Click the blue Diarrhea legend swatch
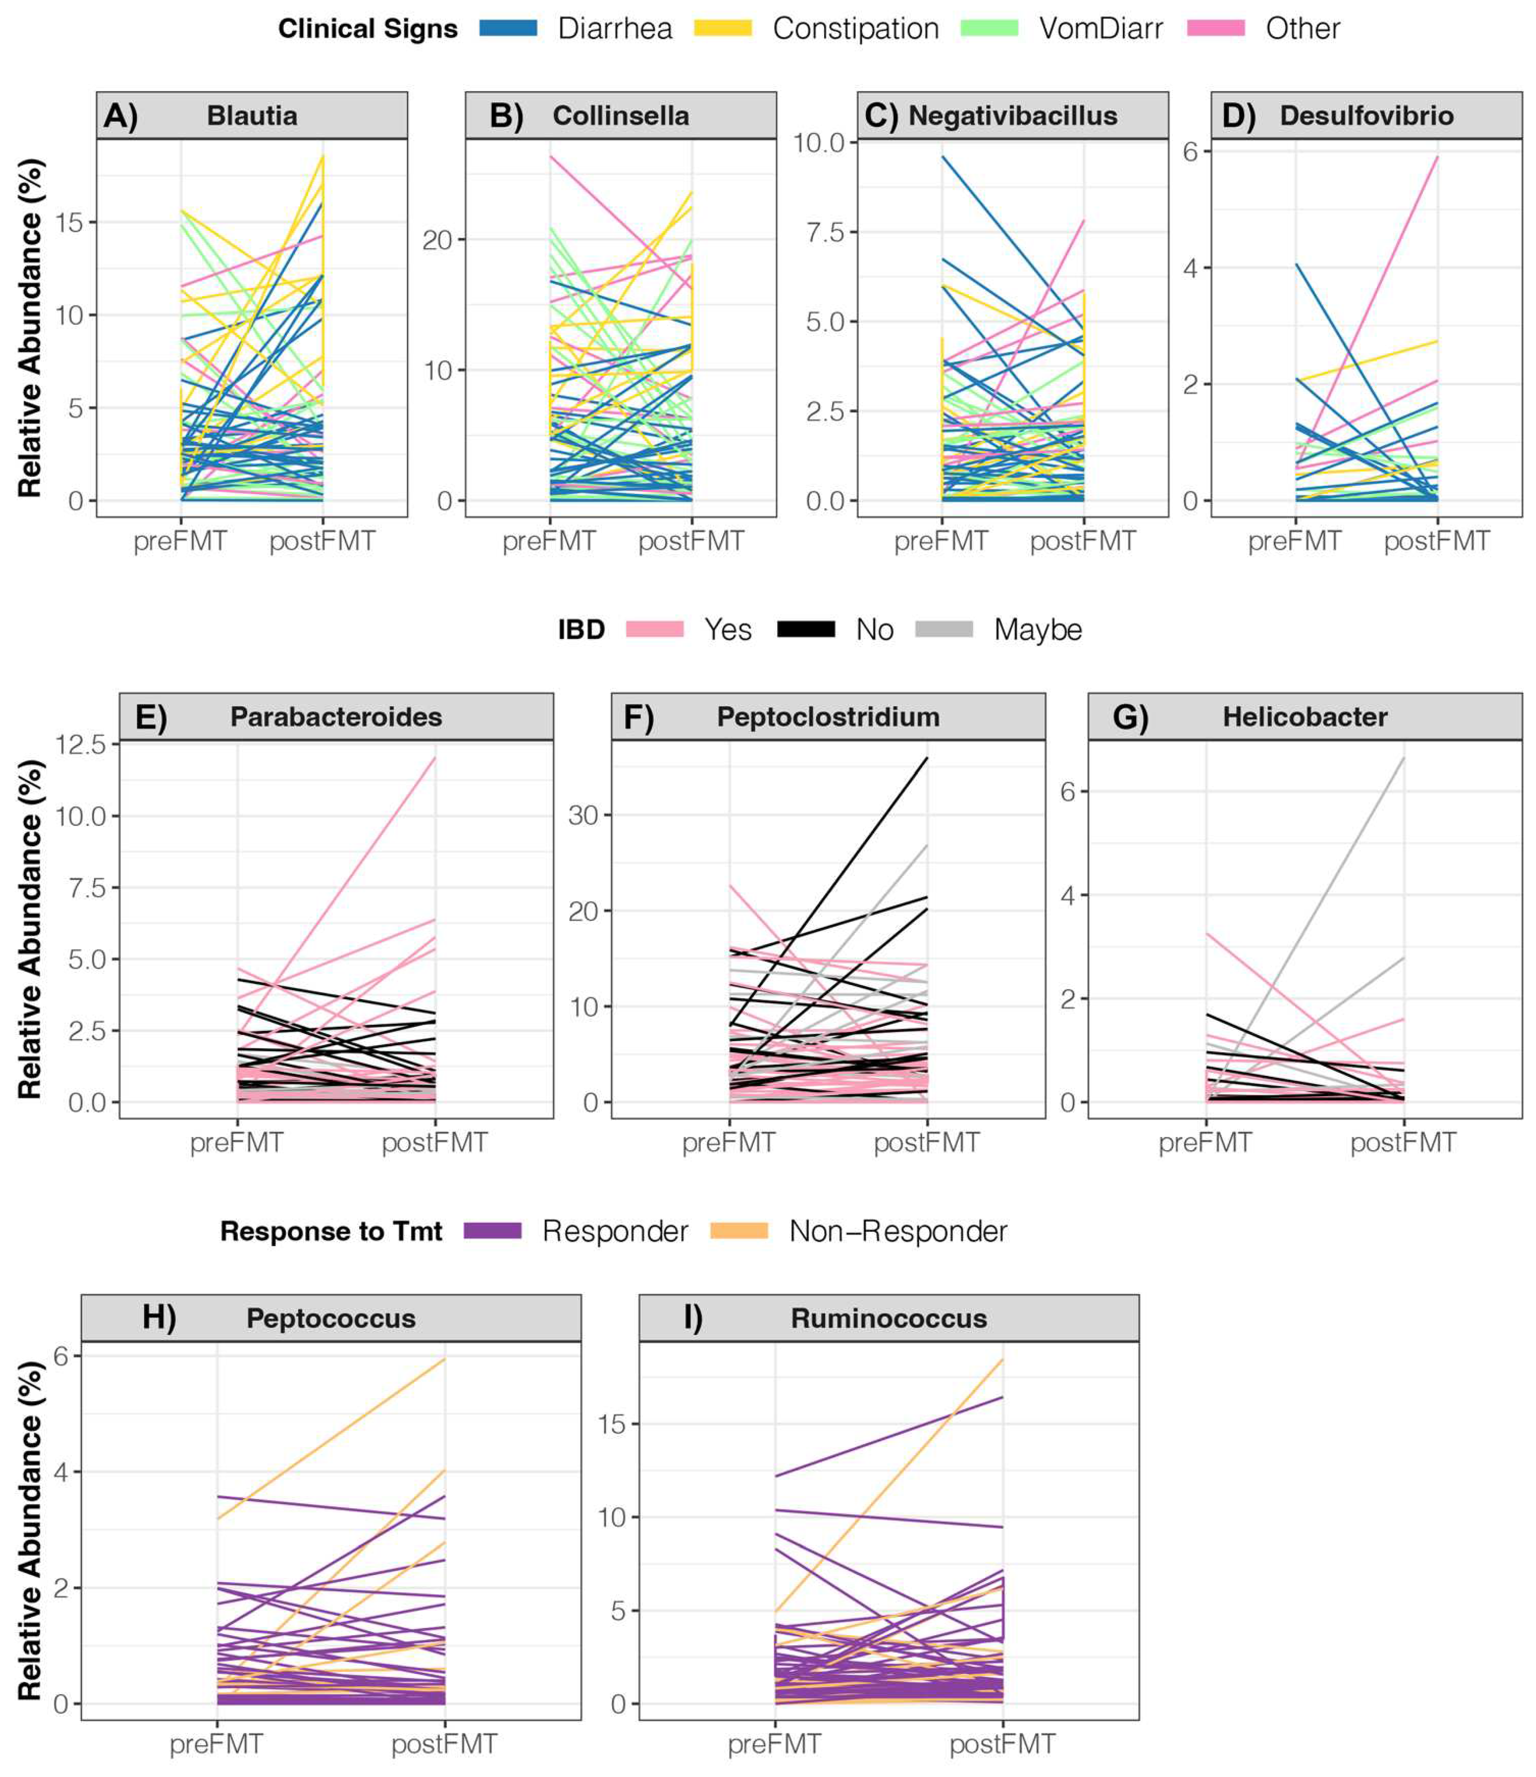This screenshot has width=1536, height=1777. pyautogui.click(x=508, y=28)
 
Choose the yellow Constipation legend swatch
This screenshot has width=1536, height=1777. pyautogui.click(x=723, y=28)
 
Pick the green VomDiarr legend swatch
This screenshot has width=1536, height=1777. pyautogui.click(x=989, y=28)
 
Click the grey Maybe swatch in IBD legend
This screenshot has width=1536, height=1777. pyautogui.click(x=944, y=629)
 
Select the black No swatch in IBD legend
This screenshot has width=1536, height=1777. pyautogui.click(x=805, y=629)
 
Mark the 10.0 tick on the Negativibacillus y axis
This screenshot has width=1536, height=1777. pyautogui.click(x=819, y=142)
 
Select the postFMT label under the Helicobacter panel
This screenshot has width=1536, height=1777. pyautogui.click(x=1403, y=1142)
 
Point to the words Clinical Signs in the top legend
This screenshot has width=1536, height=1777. pyautogui.click(x=368, y=28)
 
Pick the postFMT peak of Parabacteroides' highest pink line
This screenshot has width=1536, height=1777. pyautogui.click(x=435, y=758)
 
